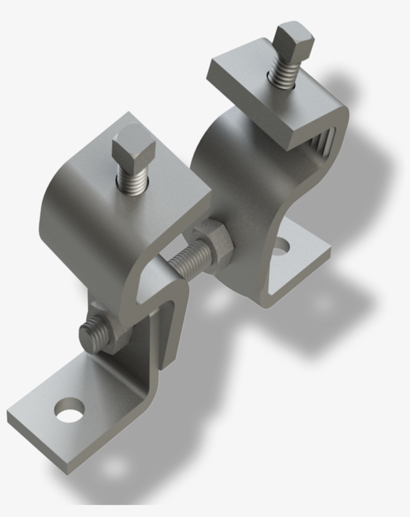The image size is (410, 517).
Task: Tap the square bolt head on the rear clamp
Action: point(294,40)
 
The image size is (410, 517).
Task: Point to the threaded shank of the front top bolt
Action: point(132,179)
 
